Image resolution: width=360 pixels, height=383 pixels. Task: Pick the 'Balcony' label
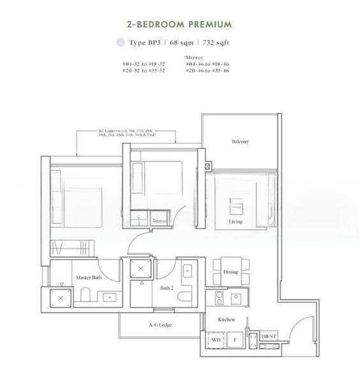click(240, 141)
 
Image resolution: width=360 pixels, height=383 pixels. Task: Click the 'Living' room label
click(236, 222)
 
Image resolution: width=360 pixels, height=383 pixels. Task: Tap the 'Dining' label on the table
click(230, 272)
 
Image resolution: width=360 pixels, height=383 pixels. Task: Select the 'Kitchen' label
click(226, 319)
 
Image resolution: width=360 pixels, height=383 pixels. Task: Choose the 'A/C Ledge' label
click(160, 325)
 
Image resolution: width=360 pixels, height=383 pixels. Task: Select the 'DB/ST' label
click(269, 336)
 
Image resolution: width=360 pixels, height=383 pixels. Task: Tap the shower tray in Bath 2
click(142, 269)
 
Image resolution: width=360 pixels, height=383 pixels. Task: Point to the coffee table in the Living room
click(236, 206)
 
